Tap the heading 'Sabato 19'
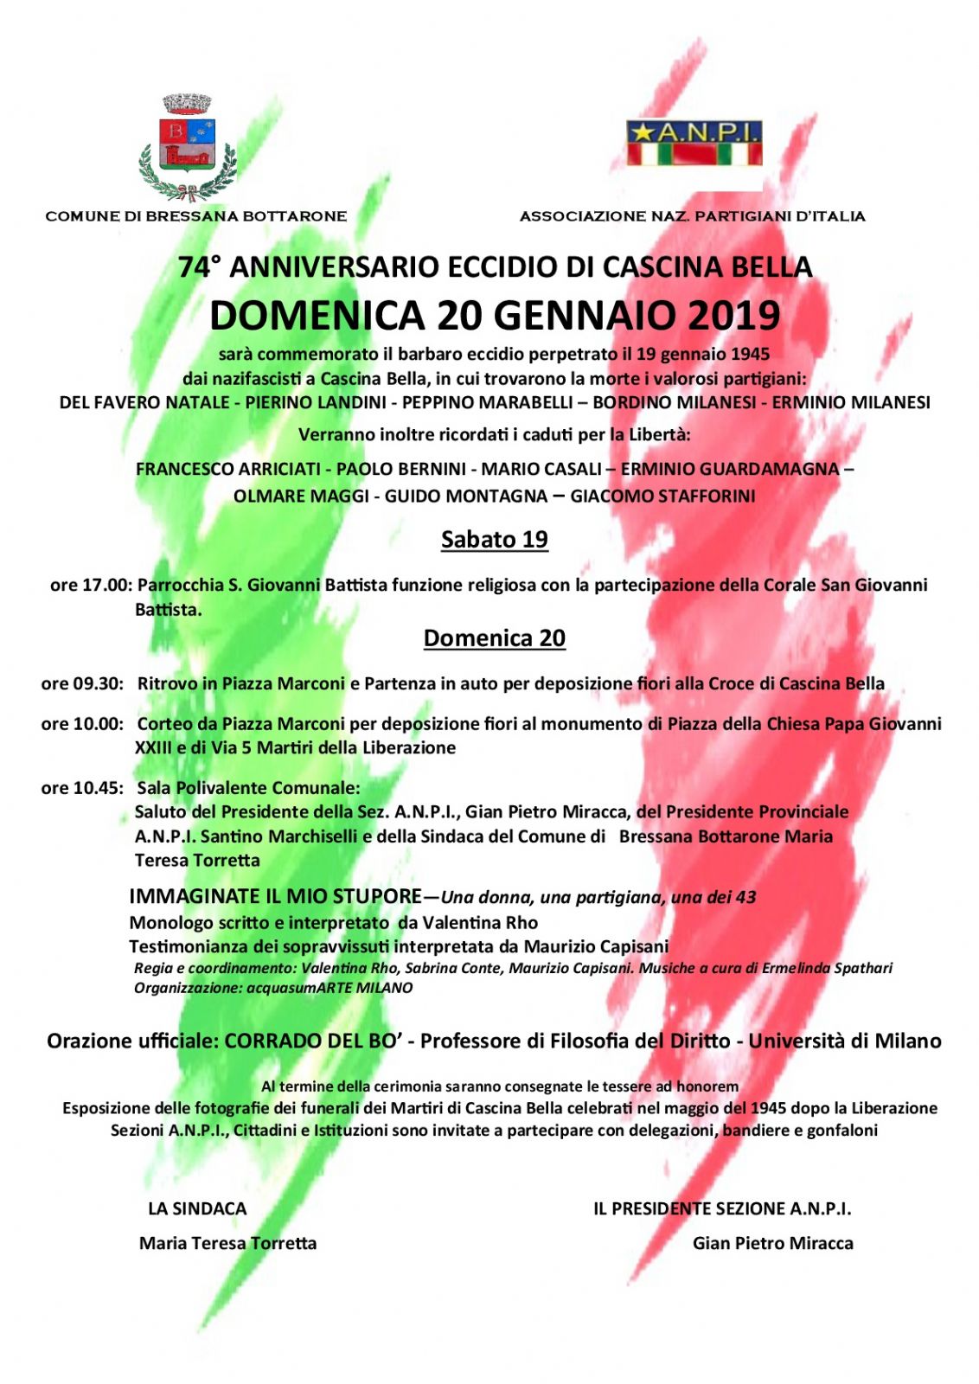[x=494, y=540]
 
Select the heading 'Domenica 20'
[x=494, y=638]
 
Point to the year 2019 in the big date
[x=734, y=316]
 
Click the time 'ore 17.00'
[x=90, y=586]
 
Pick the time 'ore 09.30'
[x=82, y=684]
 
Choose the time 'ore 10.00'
[x=82, y=724]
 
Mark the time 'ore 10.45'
[x=82, y=788]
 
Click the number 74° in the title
[x=195, y=267]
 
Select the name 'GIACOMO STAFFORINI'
[x=662, y=497]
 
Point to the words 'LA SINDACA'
[x=197, y=1209]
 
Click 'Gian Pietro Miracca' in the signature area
[x=772, y=1244]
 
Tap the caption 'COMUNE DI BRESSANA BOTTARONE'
[x=195, y=216]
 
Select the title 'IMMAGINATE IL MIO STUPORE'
[x=275, y=896]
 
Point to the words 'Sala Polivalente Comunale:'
[x=248, y=788]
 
